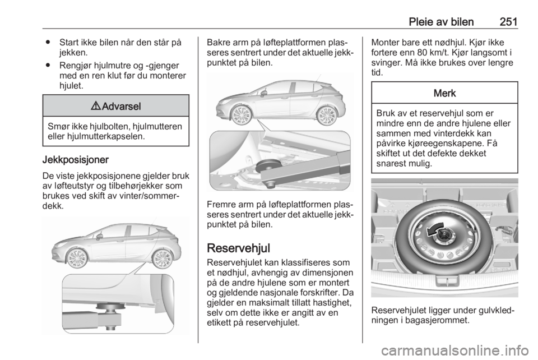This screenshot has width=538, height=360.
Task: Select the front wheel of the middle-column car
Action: point(241,116)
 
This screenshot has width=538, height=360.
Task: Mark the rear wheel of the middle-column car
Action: point(327,116)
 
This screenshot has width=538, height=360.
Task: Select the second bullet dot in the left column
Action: point(45,64)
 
